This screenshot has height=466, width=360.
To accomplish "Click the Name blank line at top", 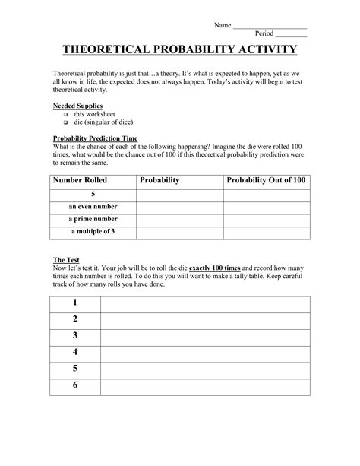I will [x=270, y=27].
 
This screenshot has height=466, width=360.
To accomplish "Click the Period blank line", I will [x=292, y=36].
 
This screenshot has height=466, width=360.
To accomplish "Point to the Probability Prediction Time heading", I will [x=94, y=138].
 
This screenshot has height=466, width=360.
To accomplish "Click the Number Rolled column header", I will [x=79, y=180].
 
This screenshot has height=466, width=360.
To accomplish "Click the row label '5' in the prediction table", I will [x=92, y=195].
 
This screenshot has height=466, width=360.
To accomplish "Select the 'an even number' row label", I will [x=92, y=207].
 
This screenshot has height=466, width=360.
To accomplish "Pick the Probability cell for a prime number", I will [x=179, y=219].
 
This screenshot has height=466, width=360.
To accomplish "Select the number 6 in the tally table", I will [x=75, y=385].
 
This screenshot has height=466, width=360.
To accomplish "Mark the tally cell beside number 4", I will [x=205, y=353].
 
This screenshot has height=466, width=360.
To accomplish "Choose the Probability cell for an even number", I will [x=179, y=207].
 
